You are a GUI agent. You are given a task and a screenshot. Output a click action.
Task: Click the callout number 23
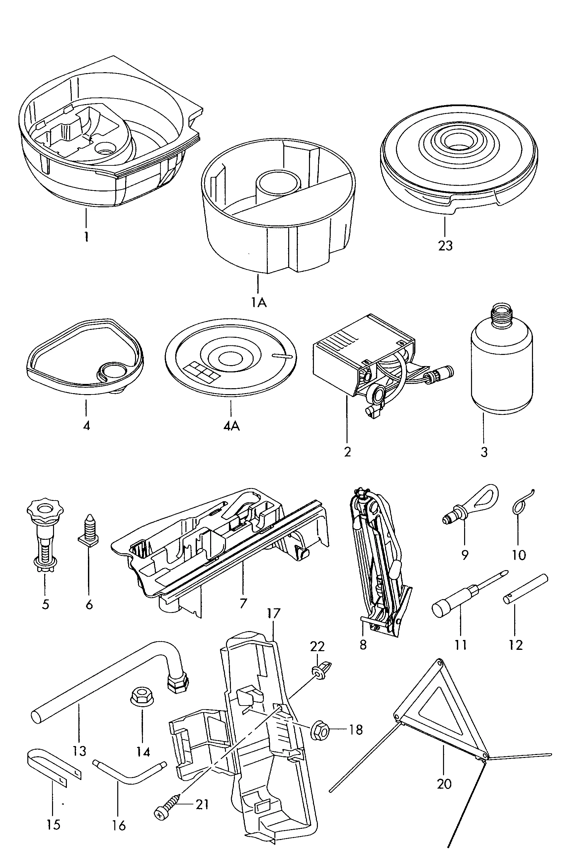[x=445, y=246]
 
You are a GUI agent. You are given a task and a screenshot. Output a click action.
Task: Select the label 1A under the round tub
[x=259, y=302]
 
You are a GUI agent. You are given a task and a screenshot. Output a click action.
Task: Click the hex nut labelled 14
[x=140, y=697]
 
